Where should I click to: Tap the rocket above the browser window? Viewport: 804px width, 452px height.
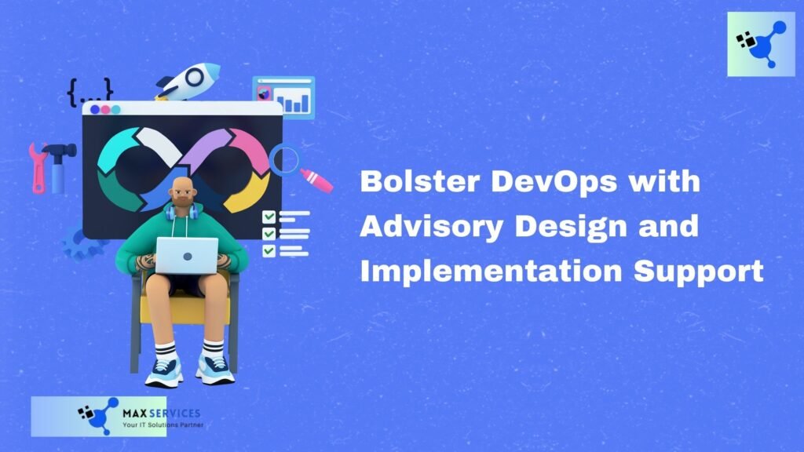(188, 81)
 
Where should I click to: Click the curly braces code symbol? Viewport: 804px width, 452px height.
(90, 92)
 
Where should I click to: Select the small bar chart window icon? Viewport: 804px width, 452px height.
(284, 97)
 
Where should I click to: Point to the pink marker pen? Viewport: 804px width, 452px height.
(316, 180)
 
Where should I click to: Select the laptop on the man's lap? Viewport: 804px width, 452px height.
(186, 255)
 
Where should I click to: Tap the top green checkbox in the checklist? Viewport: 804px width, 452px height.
(269, 217)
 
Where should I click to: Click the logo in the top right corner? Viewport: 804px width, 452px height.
(761, 44)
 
